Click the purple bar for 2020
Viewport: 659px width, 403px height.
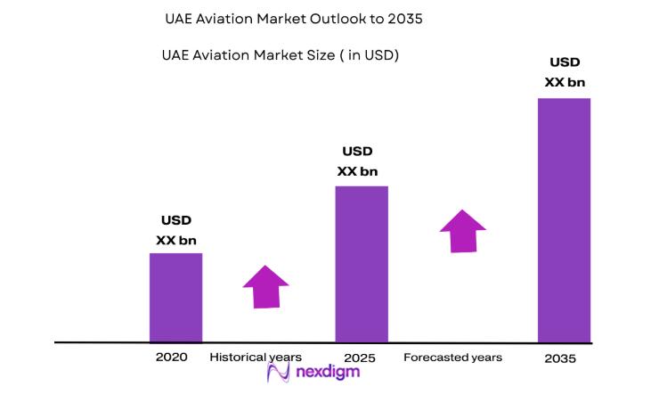[x=175, y=297]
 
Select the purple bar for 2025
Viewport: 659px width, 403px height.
[x=361, y=264]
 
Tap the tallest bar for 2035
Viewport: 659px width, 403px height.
[x=564, y=219]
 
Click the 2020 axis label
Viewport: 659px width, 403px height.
[x=171, y=357]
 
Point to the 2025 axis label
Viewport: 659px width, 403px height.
[x=361, y=358]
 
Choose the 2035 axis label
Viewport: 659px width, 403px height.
[x=561, y=358]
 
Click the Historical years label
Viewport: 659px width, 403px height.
[x=256, y=357]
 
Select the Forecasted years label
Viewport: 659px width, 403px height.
[x=452, y=357]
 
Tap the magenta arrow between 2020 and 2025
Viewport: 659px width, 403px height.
[x=265, y=287]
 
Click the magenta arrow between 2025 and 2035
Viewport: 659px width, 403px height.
[x=462, y=231]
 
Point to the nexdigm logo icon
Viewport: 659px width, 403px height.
[x=279, y=374]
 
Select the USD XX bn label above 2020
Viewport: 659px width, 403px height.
[x=175, y=230]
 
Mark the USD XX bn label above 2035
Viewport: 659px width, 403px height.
[x=565, y=72]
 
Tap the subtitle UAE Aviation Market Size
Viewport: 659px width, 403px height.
[x=280, y=55]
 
